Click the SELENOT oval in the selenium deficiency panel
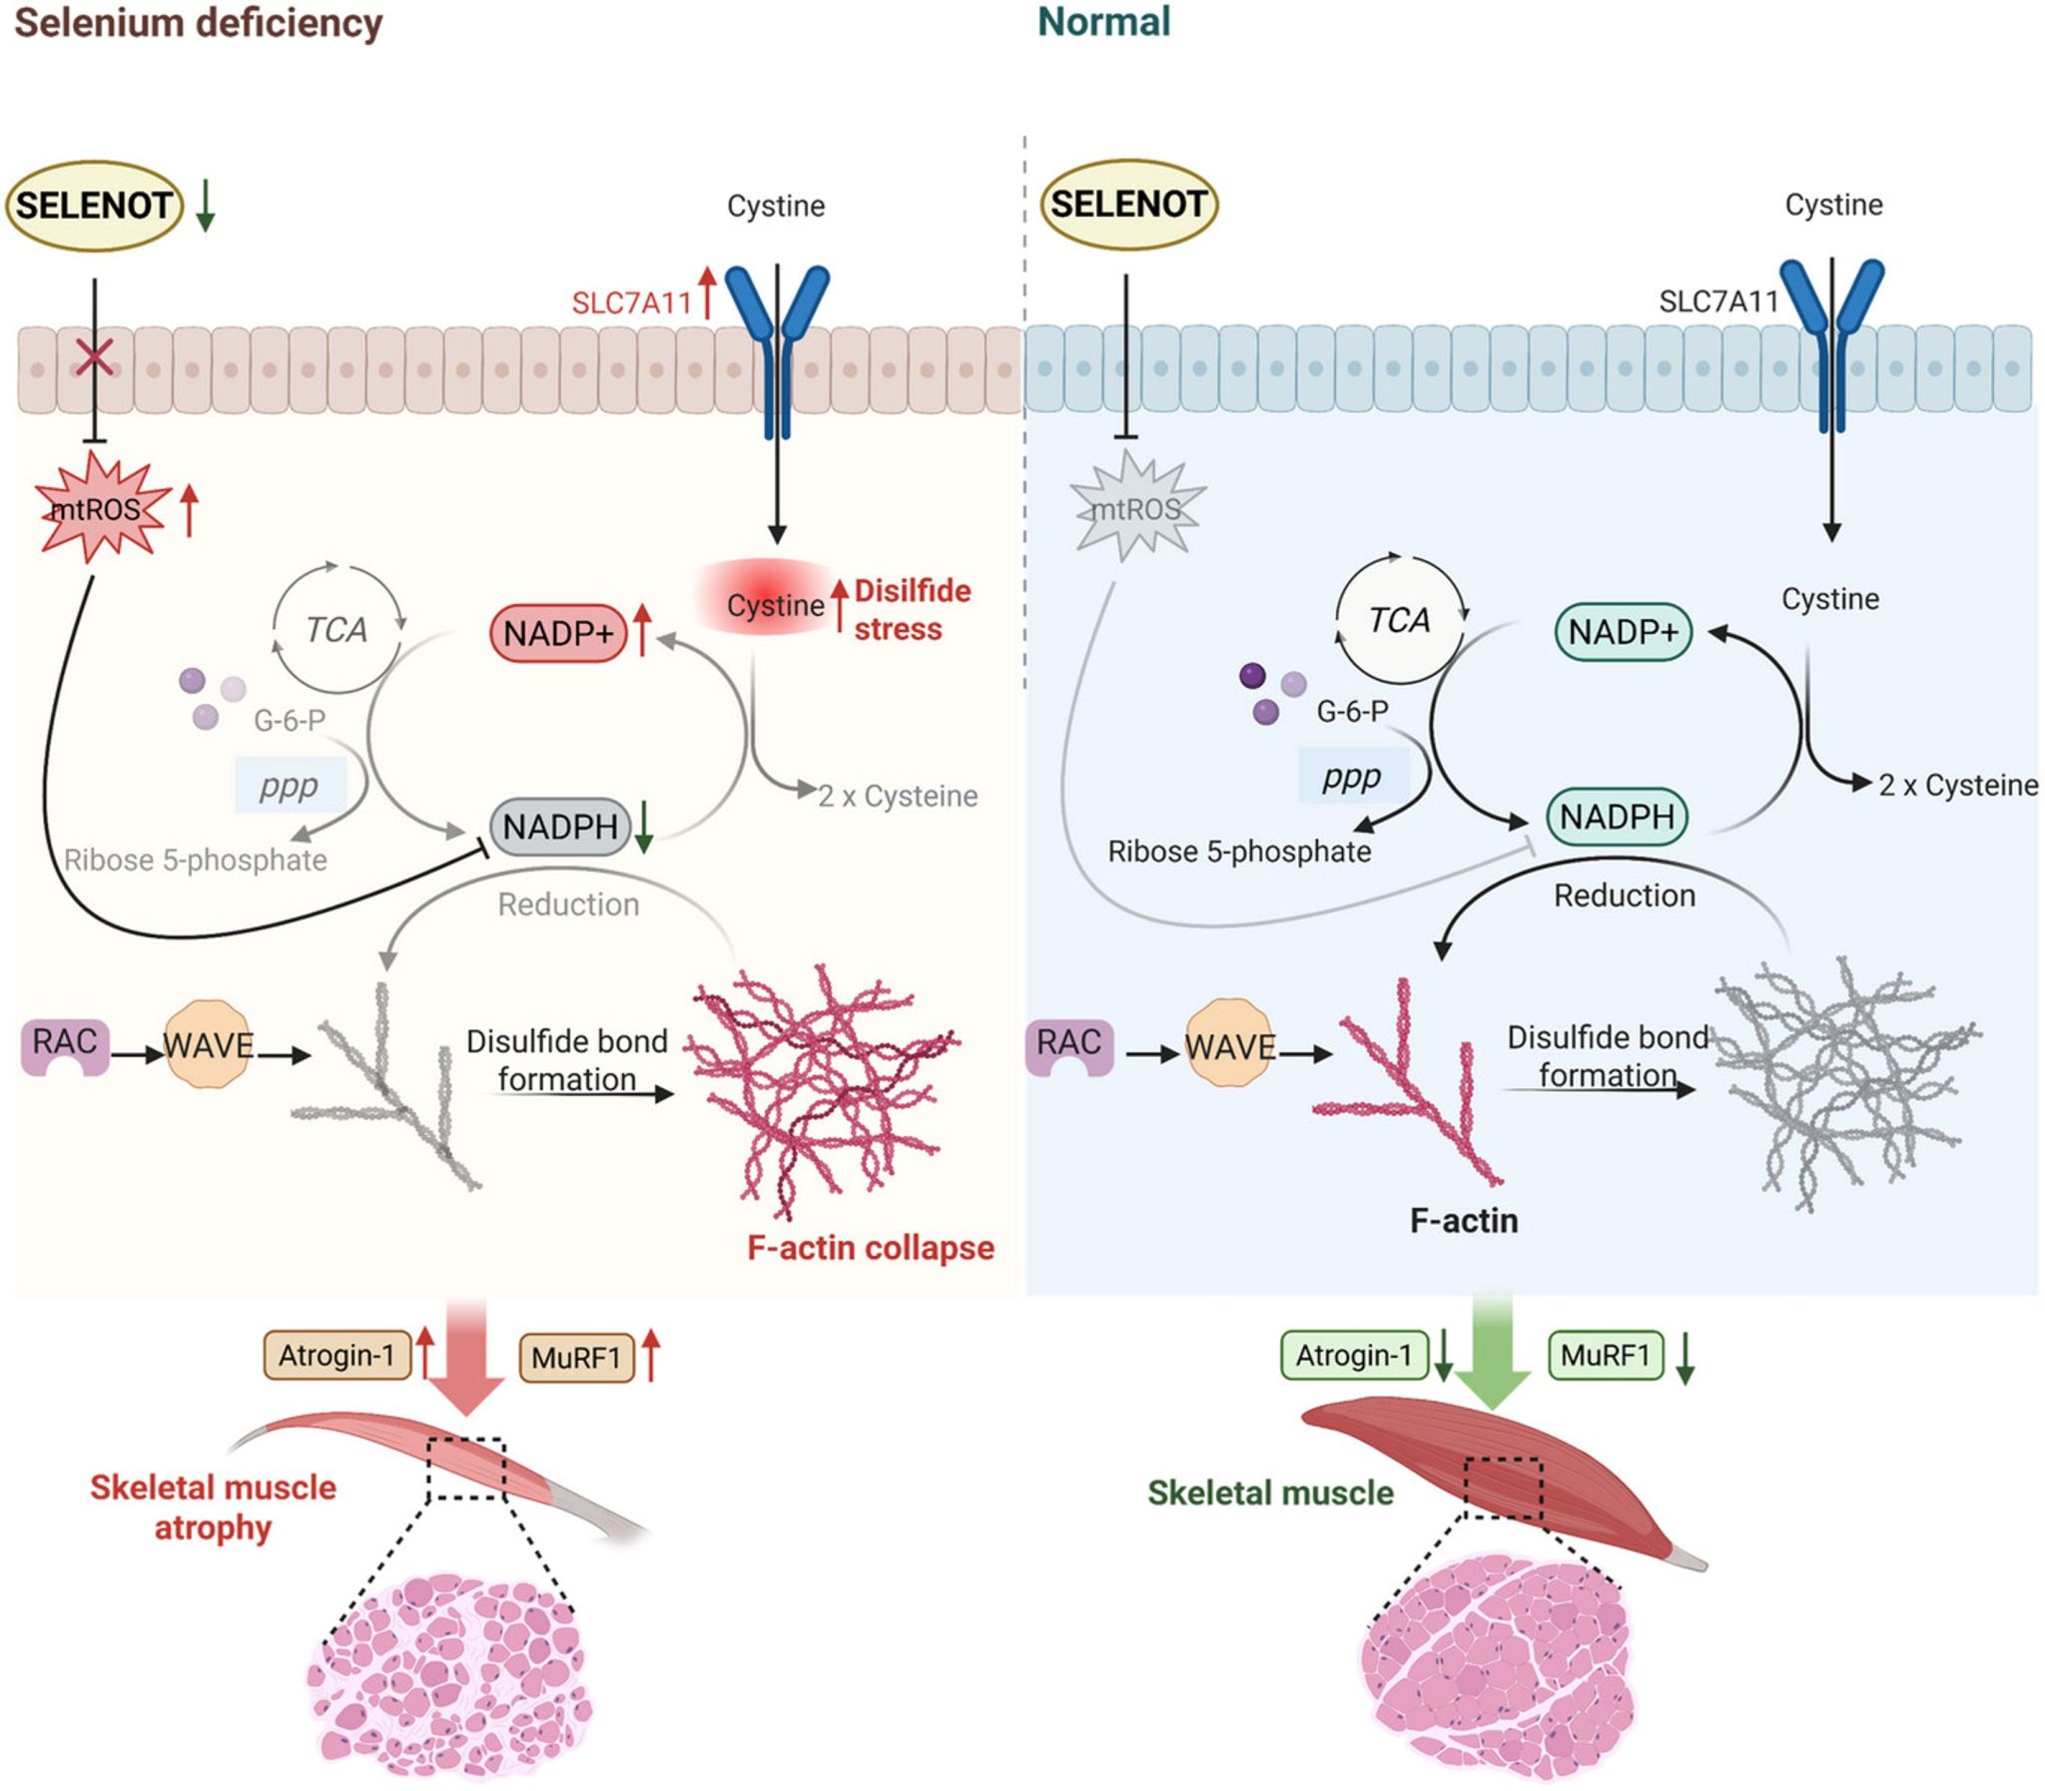95,206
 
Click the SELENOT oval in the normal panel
1128,204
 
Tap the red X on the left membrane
95,356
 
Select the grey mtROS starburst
1136,508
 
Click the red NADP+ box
558,633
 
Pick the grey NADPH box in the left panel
560,827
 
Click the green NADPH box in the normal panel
1617,817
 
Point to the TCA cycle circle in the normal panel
1398,621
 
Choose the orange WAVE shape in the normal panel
1229,1046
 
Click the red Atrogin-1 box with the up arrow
337,1356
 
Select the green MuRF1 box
1606,1356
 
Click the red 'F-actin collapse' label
871,1247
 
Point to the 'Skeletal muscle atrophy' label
213,1507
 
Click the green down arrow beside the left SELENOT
205,206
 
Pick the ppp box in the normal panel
1351,777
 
